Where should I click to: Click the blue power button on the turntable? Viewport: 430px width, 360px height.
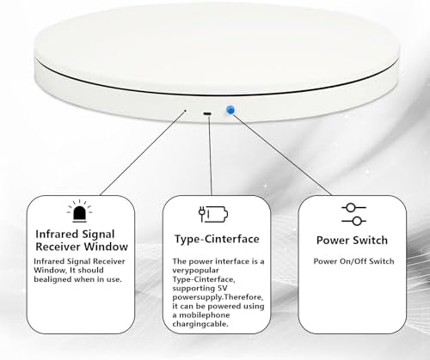tap(230, 110)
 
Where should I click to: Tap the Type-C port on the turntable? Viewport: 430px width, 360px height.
tap(207, 114)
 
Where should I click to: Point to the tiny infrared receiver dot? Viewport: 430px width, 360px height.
tap(186, 110)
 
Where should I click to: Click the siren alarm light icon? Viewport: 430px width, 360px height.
tap(79, 211)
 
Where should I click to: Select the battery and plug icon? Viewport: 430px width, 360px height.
tap(213, 214)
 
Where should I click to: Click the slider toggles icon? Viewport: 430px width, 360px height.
tap(353, 214)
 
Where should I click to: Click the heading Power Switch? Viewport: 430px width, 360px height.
tap(352, 240)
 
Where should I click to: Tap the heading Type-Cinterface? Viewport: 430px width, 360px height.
tap(217, 239)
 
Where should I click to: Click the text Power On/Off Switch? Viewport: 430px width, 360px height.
tap(353, 261)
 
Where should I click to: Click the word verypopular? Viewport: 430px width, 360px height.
tap(195, 271)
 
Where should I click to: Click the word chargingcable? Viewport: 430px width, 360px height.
tap(200, 324)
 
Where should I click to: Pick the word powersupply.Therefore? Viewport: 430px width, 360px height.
tap(218, 297)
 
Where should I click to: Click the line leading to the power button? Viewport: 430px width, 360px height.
tap(282, 155)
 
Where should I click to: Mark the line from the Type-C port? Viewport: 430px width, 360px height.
tap(210, 156)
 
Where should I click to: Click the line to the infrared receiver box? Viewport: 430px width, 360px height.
tap(142, 154)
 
